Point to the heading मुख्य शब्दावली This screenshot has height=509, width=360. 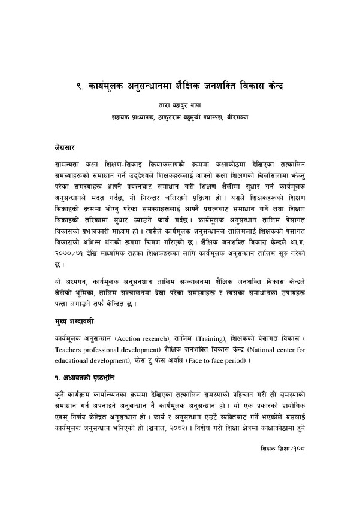coord(69,322)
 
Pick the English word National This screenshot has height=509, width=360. coord(270,349)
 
